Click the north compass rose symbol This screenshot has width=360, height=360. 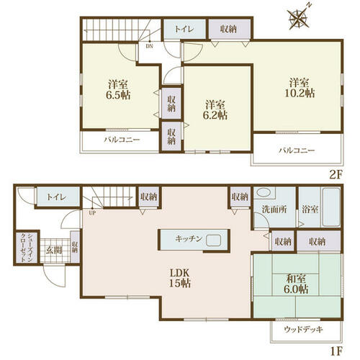(299, 18)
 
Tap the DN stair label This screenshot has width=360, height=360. (149, 46)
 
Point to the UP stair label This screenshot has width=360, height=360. (92, 212)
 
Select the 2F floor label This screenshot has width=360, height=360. (335, 175)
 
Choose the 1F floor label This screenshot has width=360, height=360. (336, 351)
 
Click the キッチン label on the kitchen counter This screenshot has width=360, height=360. (189, 239)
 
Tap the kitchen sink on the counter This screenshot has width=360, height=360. (214, 240)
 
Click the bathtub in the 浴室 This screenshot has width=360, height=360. (331, 207)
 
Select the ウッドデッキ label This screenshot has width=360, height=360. (303, 329)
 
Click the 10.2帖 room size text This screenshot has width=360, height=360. (300, 93)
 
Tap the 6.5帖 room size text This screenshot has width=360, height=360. (118, 95)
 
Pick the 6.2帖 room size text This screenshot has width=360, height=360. (215, 115)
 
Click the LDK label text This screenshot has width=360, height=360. (180, 273)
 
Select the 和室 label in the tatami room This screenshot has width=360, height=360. (296, 279)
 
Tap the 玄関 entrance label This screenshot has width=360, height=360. (54, 251)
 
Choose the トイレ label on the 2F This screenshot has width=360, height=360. (184, 30)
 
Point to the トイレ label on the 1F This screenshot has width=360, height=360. (56, 197)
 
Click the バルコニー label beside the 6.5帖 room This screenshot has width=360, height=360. (122, 140)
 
